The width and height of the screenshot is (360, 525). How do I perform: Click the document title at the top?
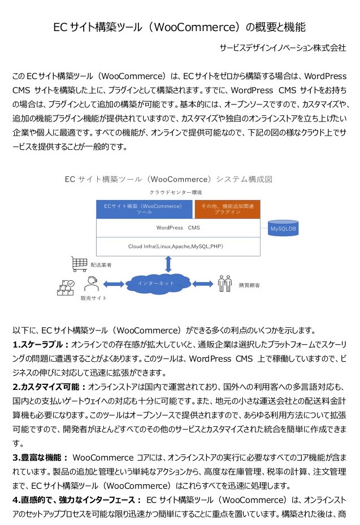tap(179, 27)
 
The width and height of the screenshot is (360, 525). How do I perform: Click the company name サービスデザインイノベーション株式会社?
tap(283, 48)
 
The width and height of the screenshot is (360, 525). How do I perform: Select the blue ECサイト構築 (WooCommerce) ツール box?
tap(144, 209)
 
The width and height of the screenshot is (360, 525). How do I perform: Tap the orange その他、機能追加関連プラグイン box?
tap(227, 209)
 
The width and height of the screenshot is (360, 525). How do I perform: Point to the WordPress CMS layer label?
tap(178, 228)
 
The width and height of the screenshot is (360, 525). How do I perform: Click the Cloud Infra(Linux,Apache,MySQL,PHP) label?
tap(176, 246)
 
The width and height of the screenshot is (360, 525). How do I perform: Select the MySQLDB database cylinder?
tap(283, 228)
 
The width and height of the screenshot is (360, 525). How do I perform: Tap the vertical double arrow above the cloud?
tap(168, 264)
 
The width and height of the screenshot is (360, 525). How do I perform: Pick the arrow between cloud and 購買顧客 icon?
tap(202, 284)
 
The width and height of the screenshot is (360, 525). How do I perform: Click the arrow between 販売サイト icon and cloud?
tap(114, 284)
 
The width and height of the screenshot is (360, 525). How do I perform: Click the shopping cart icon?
tap(79, 264)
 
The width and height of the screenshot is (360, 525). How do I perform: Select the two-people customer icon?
tap(225, 284)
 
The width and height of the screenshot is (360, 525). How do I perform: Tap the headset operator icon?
tap(92, 284)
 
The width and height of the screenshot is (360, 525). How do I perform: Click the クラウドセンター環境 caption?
tap(176, 193)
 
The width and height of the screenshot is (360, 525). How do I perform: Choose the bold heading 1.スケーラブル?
tap(41, 345)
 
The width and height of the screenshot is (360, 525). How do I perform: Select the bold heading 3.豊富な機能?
tap(40, 458)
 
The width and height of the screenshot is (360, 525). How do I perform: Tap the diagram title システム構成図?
tap(244, 180)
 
